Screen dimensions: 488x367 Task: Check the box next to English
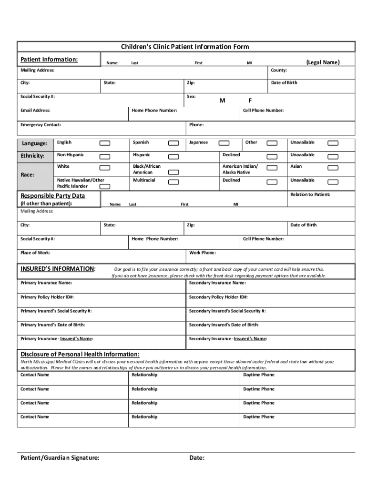point(104,143)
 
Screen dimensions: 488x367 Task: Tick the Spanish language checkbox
point(174,143)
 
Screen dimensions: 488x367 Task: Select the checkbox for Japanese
point(223,143)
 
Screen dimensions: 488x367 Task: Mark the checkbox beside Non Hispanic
point(104,156)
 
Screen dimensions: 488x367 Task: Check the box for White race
point(104,168)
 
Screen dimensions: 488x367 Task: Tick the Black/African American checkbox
point(174,172)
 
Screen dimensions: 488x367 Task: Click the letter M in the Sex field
point(222,101)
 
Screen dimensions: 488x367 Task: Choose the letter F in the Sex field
point(250,101)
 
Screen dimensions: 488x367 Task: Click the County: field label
point(279,70)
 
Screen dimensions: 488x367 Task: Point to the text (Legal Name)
point(323,62)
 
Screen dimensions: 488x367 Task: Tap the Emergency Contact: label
point(41,125)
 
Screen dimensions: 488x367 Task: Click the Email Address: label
point(35,111)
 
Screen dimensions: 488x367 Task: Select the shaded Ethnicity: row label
point(32,156)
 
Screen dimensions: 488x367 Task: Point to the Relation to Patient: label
point(310,194)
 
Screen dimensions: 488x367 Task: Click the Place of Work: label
point(35,253)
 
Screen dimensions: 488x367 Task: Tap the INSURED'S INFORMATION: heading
point(58,269)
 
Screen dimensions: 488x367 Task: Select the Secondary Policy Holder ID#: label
point(218,297)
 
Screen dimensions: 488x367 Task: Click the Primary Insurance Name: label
point(46,283)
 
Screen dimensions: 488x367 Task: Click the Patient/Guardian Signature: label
point(60,458)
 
